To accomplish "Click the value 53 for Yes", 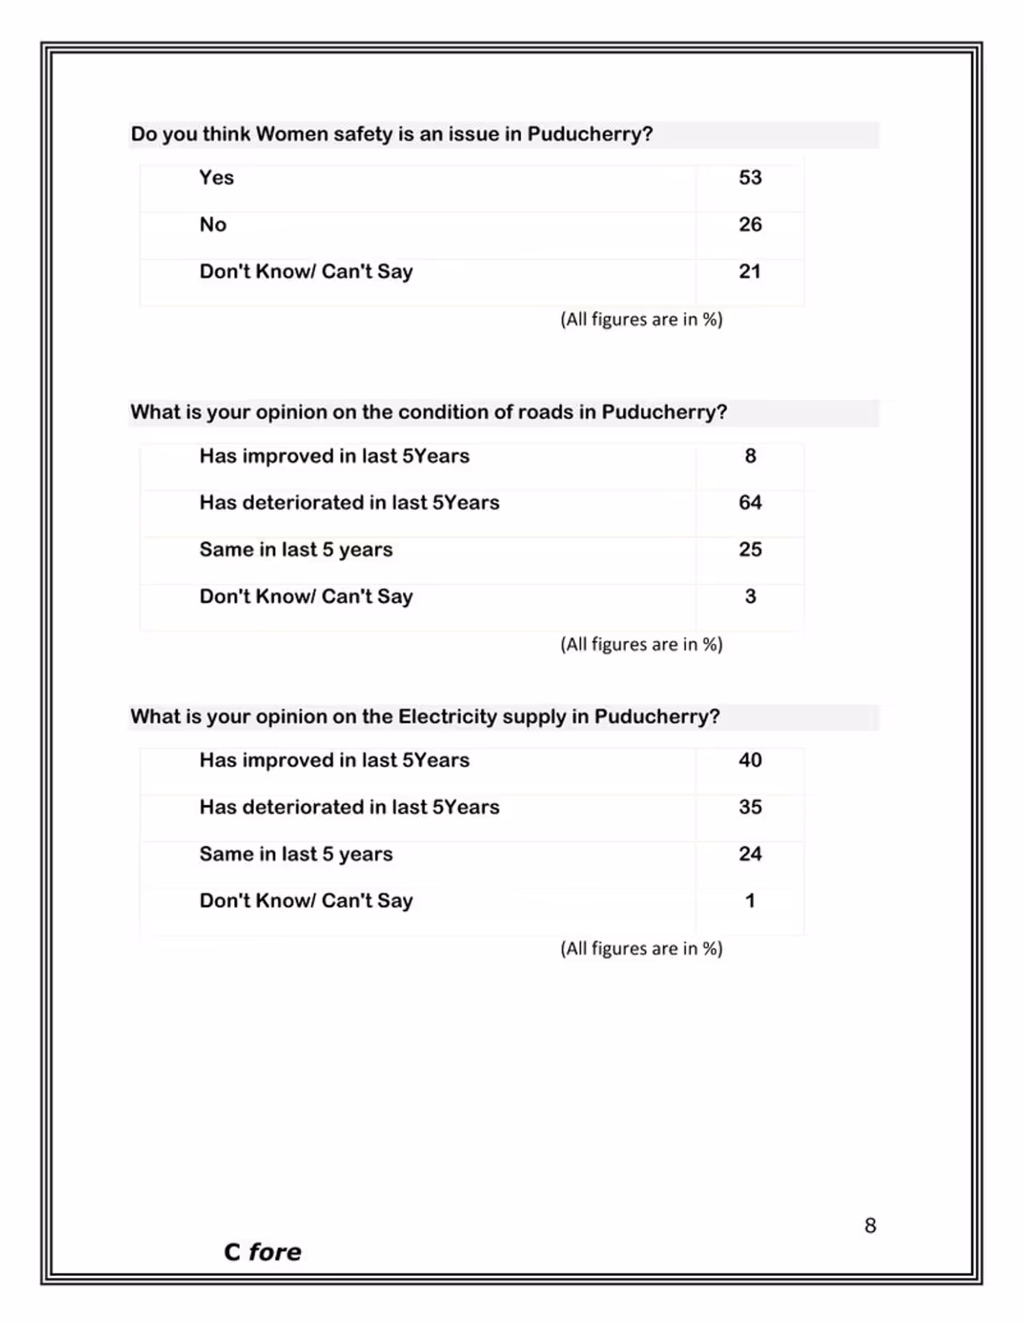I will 750,177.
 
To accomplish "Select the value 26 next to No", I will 750,225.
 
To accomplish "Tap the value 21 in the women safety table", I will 750,272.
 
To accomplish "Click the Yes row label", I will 217,177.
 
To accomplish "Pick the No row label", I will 213,225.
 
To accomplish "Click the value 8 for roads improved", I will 750,456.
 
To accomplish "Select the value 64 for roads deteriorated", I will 750,503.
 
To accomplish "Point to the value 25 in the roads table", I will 750,549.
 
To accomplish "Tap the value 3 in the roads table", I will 750,596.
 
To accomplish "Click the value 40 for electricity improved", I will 750,760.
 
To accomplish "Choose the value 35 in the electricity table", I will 750,807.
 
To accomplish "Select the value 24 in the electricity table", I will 750,854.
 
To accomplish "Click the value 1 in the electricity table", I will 750,901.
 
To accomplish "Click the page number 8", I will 870,1226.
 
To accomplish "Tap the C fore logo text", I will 262,1252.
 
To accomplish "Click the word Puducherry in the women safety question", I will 589,134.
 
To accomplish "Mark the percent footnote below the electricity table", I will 641,948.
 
